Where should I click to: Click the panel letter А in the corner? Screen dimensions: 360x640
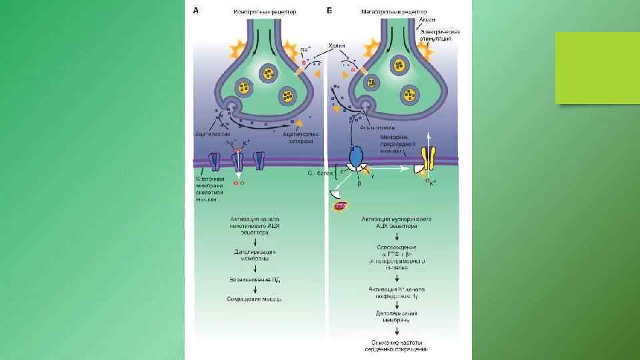(196, 10)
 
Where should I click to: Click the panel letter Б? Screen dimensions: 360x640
(329, 11)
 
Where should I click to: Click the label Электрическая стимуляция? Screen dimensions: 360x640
(436, 35)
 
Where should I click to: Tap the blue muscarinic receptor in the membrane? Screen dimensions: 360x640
(355, 157)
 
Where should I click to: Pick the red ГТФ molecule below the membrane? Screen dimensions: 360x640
(341, 208)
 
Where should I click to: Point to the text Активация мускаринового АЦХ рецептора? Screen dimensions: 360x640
(396, 222)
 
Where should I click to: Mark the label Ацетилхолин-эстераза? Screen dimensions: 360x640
(302, 136)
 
